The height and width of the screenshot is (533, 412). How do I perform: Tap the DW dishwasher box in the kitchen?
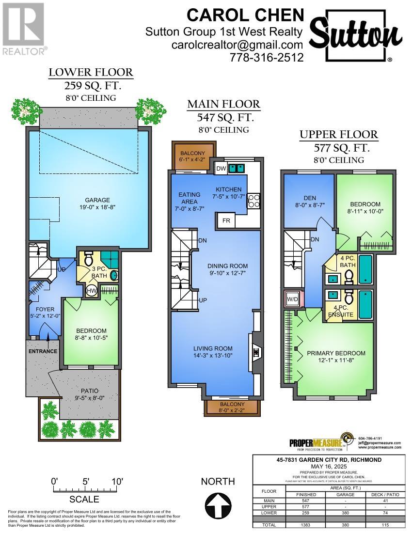tap(221, 169)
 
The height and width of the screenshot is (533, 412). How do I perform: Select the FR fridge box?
tap(226, 221)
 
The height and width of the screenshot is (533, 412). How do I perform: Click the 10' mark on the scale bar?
tap(117, 482)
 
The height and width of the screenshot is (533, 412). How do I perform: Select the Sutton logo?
tap(356, 36)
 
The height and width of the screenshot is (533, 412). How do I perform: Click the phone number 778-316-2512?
tap(267, 58)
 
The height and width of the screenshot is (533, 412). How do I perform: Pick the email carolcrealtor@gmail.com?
tap(238, 45)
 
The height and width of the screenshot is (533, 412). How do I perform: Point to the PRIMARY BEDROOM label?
tap(336, 353)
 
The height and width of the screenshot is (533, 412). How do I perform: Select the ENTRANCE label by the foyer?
tap(43, 351)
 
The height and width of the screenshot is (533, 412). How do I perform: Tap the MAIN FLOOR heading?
tap(223, 104)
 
